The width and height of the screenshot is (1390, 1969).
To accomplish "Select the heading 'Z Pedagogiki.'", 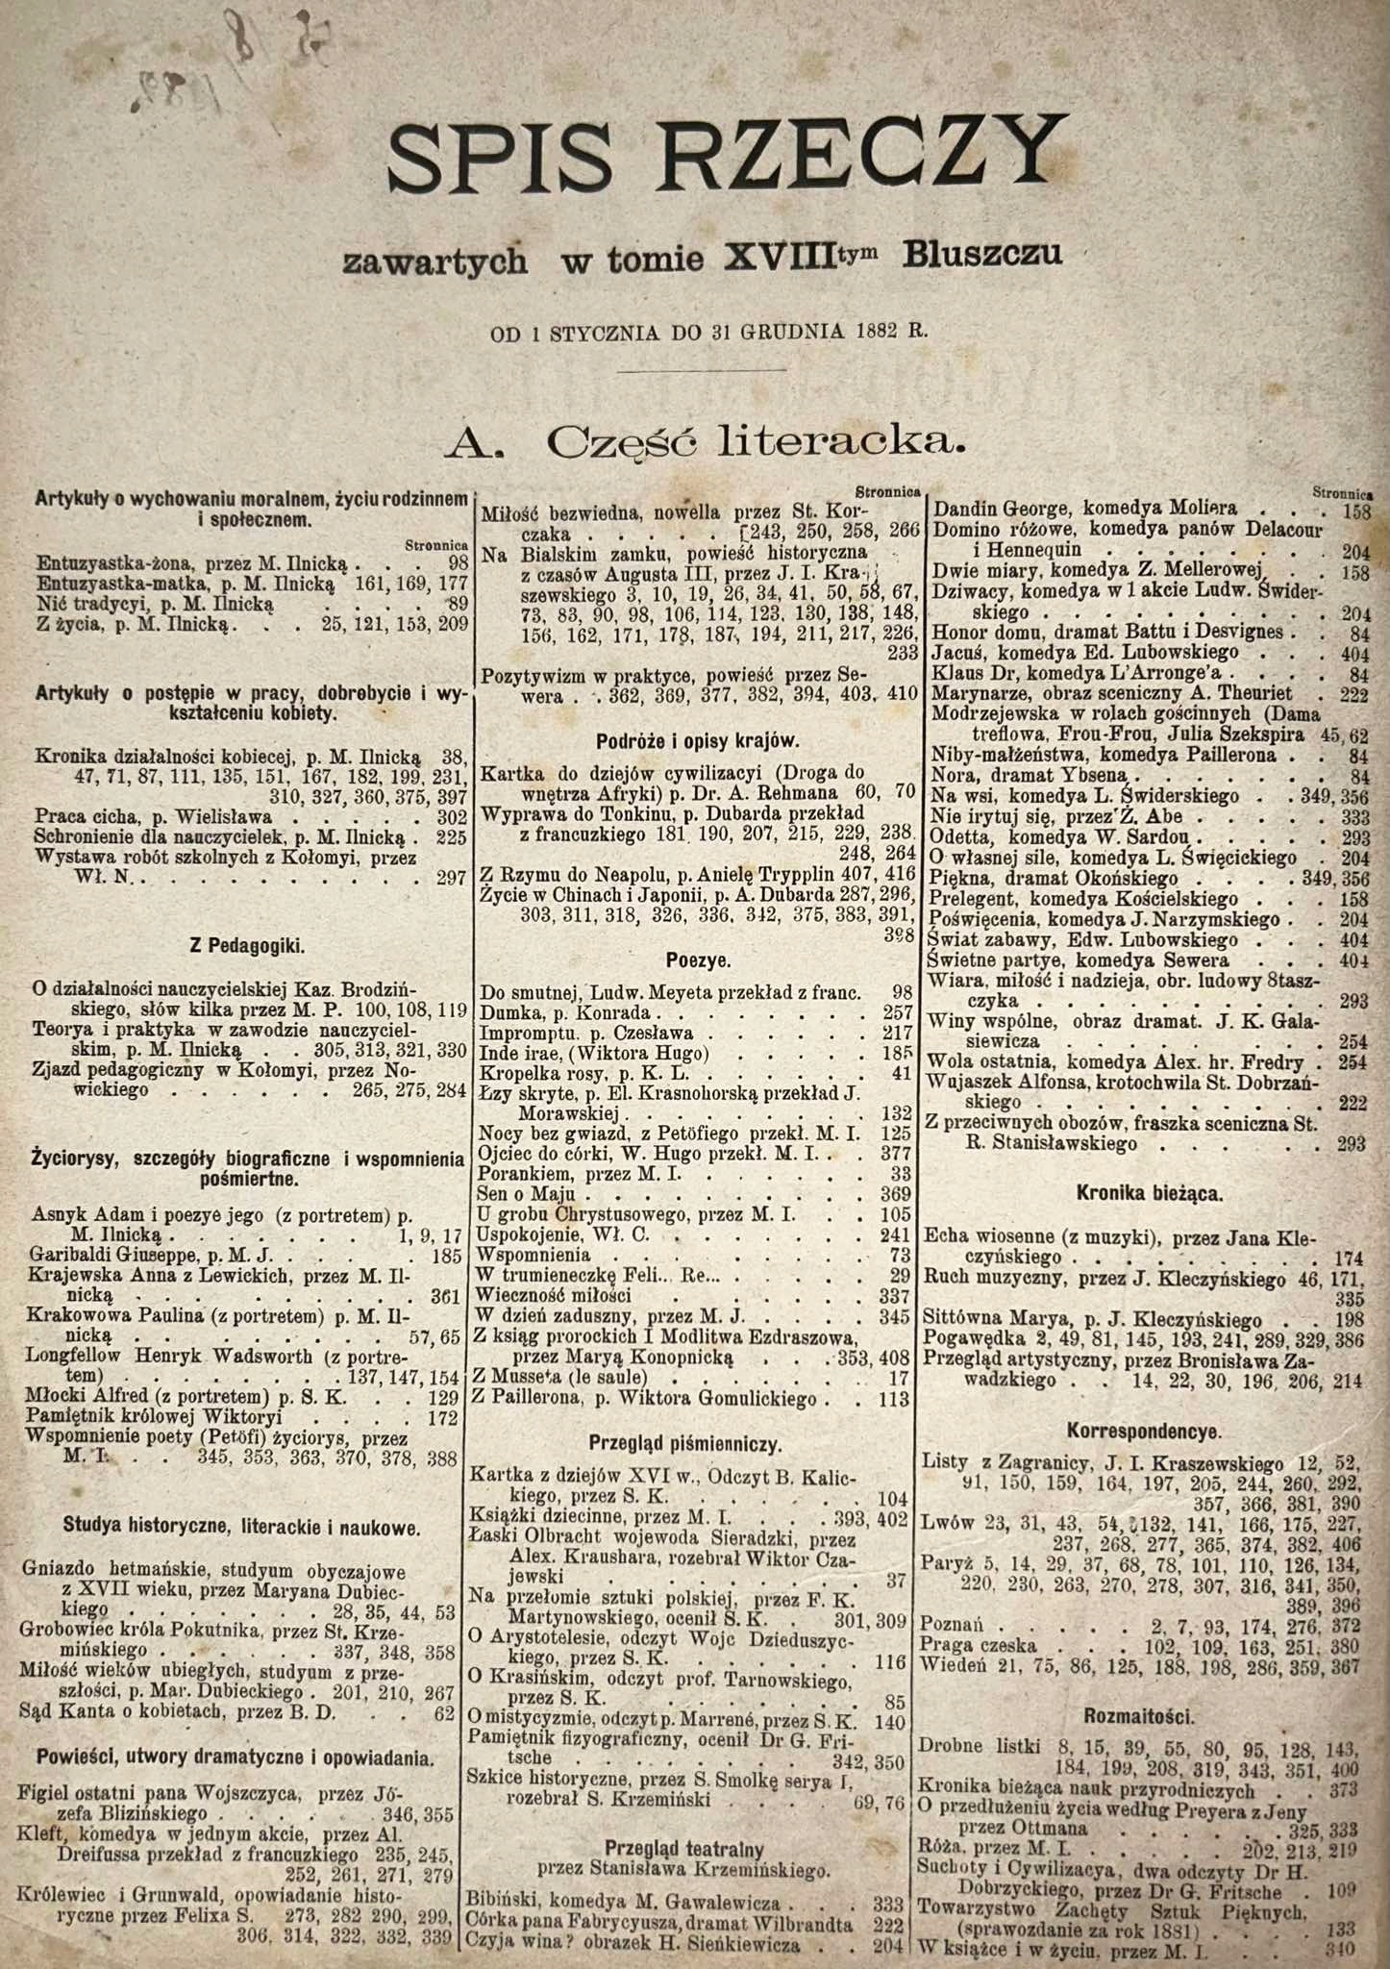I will (x=246, y=946).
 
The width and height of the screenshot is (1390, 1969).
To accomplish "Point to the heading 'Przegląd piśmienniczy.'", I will (x=686, y=1444).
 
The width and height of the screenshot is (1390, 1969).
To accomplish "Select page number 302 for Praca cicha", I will (x=449, y=816).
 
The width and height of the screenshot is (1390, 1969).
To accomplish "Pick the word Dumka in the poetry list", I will (x=506, y=1012).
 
